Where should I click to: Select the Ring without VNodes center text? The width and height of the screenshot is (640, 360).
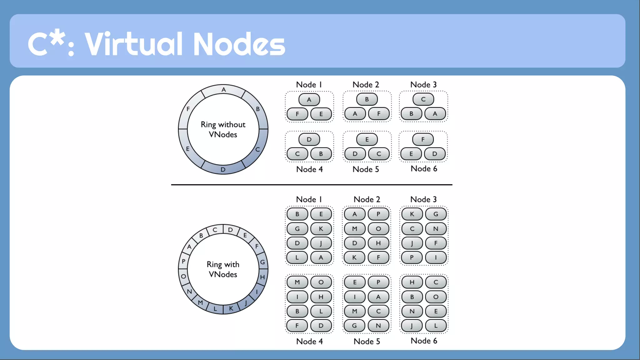click(x=223, y=129)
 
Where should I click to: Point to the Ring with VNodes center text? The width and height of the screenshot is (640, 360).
click(x=223, y=269)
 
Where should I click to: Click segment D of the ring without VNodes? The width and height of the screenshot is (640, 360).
click(x=223, y=169)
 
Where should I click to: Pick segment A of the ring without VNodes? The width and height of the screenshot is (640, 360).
click(x=223, y=90)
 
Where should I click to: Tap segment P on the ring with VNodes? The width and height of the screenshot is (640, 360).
click(x=183, y=261)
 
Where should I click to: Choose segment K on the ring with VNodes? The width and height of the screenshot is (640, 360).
click(x=231, y=308)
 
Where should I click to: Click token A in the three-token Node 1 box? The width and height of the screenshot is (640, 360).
click(x=309, y=100)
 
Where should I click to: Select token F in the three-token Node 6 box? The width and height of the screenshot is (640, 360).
click(x=423, y=139)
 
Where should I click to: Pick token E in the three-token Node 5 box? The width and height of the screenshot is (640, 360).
click(x=367, y=139)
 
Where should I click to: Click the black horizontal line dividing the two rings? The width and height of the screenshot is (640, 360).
click(x=312, y=185)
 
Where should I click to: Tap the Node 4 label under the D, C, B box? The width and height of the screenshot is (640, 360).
click(x=309, y=169)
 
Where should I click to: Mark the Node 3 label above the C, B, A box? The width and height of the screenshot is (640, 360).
click(x=423, y=85)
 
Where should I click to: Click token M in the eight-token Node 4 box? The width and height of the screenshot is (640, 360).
click(x=297, y=282)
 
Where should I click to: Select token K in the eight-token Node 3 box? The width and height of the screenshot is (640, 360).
click(x=412, y=214)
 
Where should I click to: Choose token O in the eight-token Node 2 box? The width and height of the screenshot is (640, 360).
click(x=378, y=229)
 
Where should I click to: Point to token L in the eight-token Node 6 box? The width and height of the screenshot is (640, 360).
click(x=436, y=326)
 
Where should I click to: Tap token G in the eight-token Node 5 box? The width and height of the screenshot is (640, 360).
click(x=354, y=326)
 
